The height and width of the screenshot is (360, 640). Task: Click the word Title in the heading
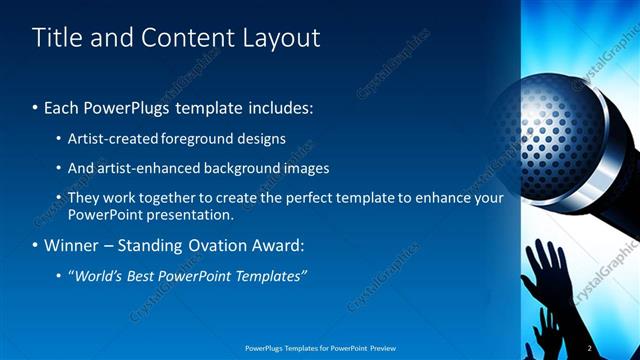click(57, 38)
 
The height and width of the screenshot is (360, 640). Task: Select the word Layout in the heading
click(282, 38)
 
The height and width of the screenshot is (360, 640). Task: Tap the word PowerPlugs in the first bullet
click(127, 106)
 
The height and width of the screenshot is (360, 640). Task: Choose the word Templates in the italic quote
click(269, 275)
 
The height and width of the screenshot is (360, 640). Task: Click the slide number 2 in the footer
click(590, 347)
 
